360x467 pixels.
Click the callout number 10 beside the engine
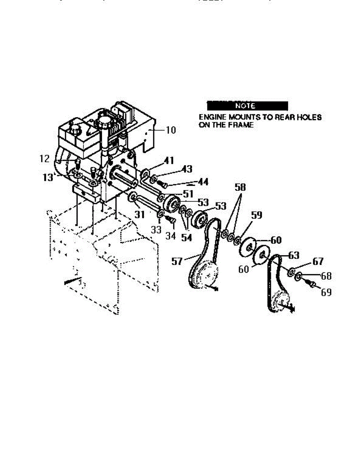[x=171, y=130]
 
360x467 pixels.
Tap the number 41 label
[x=169, y=160]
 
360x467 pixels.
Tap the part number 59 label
[x=256, y=215]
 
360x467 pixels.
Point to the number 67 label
[x=318, y=262]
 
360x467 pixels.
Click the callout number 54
[x=186, y=237]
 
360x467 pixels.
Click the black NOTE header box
[x=247, y=105]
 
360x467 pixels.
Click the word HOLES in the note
[x=309, y=117]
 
